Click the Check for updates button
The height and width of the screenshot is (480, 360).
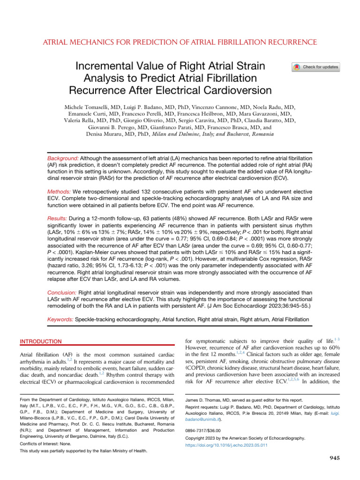click(x=316, y=67)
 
